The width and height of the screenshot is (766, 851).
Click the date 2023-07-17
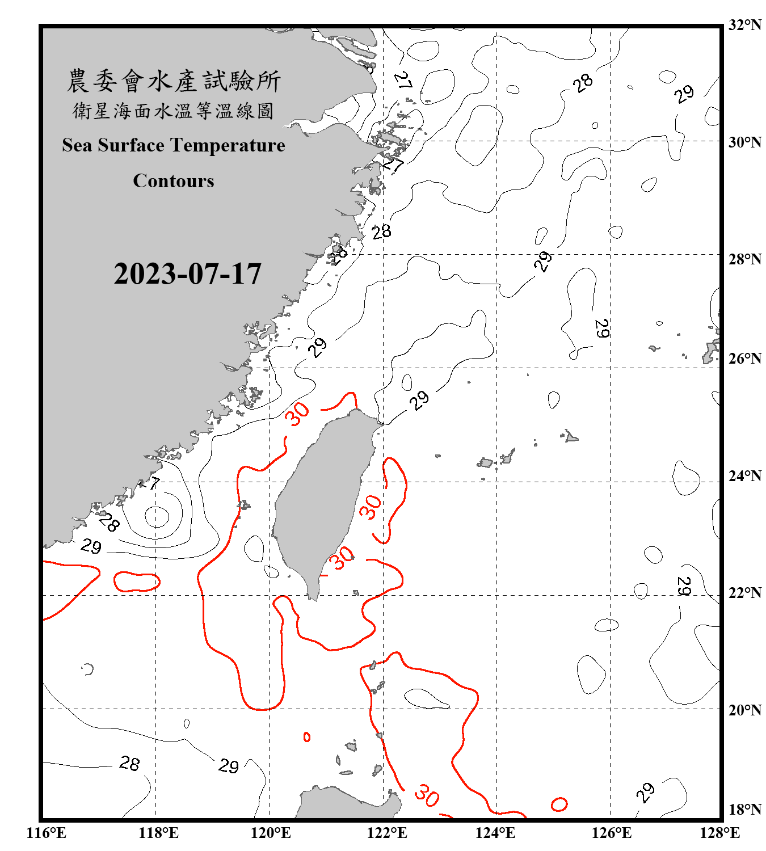pos(187,274)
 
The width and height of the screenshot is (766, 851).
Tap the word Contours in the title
pos(174,181)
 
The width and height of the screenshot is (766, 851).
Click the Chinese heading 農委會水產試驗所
pos(174,81)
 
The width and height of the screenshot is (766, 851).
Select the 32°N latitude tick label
pos(744,25)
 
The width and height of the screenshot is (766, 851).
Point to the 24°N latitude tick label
pos(744,475)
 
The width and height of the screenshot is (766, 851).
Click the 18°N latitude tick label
pos(744,809)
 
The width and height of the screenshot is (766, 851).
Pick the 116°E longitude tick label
pos(47,833)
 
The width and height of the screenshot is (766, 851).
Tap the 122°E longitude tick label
pos(387,833)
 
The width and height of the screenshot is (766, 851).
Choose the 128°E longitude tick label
pos(719,833)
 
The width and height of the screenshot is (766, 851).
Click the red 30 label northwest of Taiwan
pos(297,414)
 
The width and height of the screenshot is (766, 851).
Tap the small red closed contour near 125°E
pos(559,804)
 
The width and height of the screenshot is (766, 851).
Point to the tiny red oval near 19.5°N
pos(307,737)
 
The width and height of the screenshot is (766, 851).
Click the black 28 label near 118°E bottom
pos(129,764)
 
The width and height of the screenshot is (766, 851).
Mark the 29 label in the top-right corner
pos(684,94)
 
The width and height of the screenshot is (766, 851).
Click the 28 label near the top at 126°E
pos(583,83)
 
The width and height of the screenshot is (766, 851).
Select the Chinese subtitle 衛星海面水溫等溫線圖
pos(174,111)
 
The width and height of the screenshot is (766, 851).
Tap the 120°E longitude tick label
pos(271,833)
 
